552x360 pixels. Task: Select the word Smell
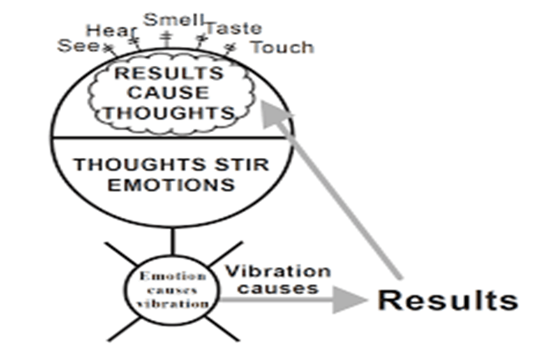(x=165, y=19)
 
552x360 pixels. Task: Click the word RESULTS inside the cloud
(x=169, y=73)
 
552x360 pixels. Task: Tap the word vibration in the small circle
(x=171, y=304)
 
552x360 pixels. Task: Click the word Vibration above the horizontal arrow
(x=277, y=272)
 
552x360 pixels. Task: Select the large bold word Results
(x=448, y=300)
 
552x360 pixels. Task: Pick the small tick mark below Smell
(x=165, y=37)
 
